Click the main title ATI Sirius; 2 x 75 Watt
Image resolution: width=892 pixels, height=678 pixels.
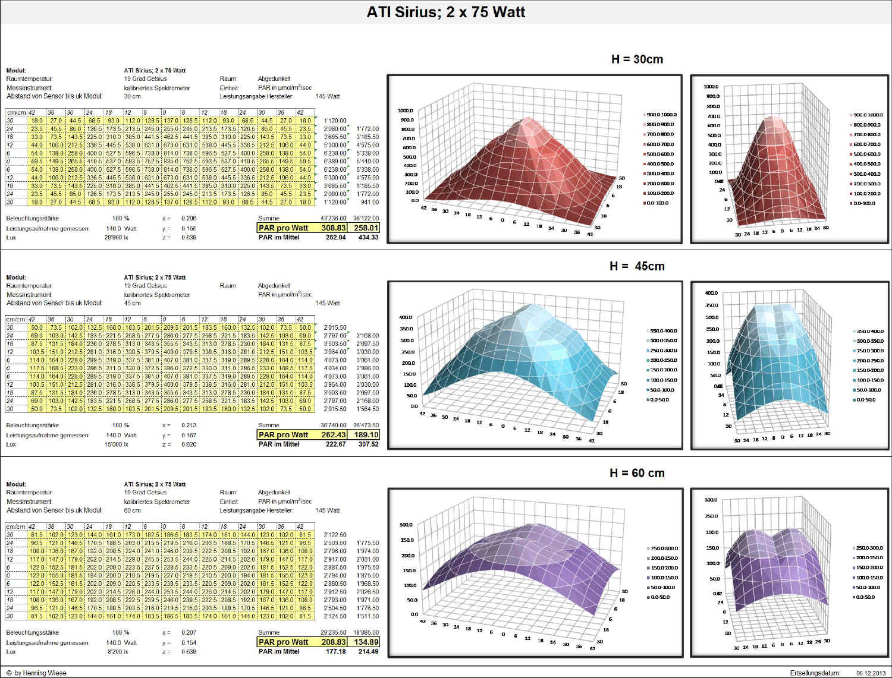pos(445,12)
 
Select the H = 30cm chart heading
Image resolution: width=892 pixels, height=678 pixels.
pos(636,59)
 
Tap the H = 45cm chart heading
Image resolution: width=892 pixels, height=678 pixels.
pos(636,266)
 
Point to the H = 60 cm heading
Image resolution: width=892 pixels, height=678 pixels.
pos(636,473)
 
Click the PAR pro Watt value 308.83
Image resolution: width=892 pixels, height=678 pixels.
pos(334,228)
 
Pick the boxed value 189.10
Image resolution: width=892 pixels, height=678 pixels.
pos(366,434)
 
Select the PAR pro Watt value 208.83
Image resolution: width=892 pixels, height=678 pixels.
pos(334,642)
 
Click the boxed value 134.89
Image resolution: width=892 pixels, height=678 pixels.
pos(366,642)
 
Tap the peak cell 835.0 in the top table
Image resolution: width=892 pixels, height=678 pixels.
pos(171,161)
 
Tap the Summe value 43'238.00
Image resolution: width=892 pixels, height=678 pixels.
pos(333,218)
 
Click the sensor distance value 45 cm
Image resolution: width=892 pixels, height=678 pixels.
pos(132,303)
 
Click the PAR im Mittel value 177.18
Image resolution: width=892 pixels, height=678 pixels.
pos(335,651)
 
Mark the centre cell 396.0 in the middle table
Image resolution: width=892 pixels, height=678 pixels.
pos(171,368)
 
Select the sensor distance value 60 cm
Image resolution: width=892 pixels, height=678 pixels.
pos(132,510)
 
